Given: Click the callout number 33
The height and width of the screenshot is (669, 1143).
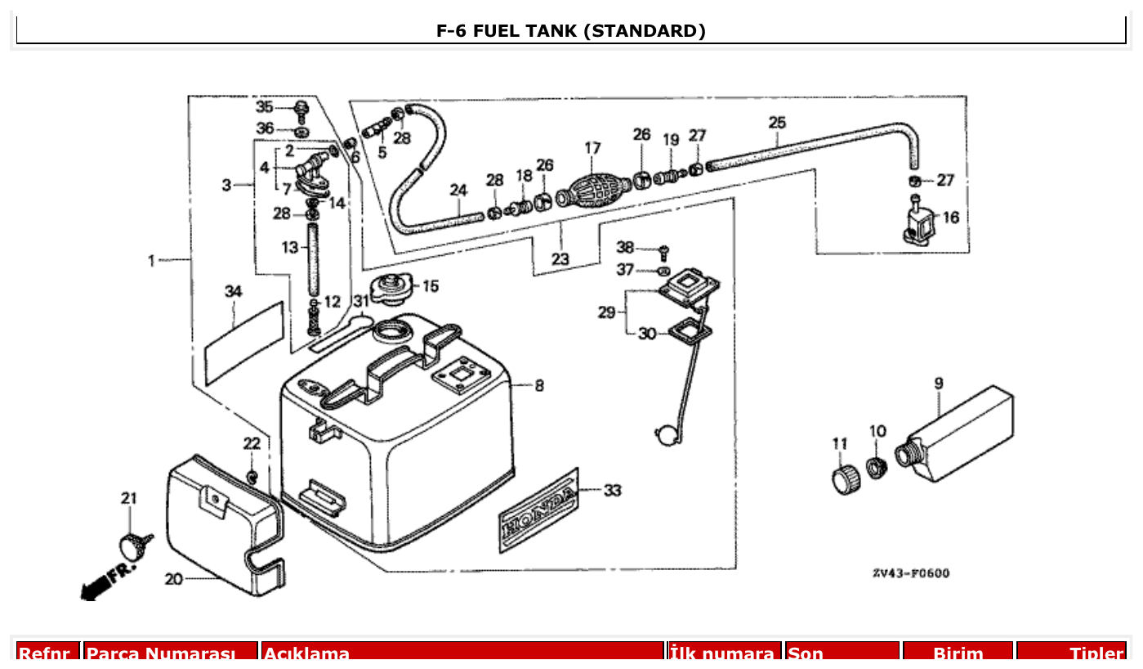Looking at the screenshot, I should [612, 491].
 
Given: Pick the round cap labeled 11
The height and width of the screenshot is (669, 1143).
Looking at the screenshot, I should [844, 480].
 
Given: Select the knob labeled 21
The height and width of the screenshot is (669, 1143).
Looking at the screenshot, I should [133, 543].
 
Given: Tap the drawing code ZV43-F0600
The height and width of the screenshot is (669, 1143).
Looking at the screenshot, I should [910, 573].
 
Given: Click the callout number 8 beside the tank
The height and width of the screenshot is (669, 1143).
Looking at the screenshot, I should [539, 385].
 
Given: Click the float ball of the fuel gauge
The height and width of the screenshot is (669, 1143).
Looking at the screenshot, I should [663, 434].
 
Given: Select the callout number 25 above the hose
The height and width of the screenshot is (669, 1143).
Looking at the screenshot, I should [777, 123].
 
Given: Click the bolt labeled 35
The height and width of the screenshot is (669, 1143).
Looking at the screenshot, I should [301, 109].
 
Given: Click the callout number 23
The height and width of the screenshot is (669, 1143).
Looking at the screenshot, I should [560, 259].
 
